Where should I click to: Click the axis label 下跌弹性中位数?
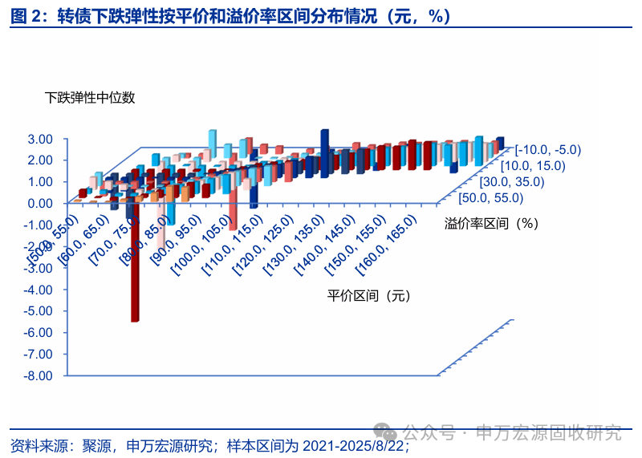coord(90,98)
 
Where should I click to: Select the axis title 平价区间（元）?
coord(368,296)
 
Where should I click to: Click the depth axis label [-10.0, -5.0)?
coord(548,149)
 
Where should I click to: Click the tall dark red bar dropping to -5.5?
coord(136,265)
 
